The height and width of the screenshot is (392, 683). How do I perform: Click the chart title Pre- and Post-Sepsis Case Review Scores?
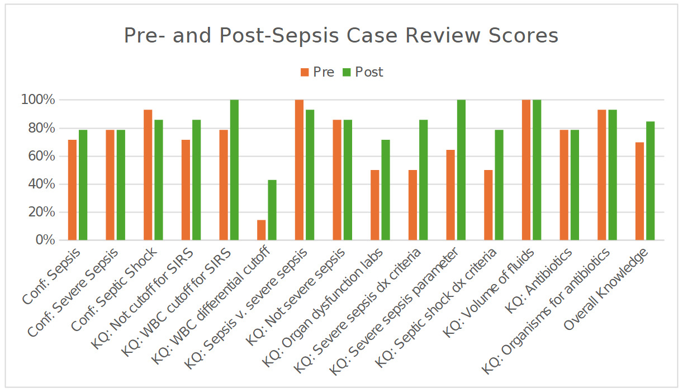pyautogui.click(x=341, y=35)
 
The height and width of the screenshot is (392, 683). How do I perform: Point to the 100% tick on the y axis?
pyautogui.click(x=38, y=100)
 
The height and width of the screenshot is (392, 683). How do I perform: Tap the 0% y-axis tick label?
pyautogui.click(x=44, y=240)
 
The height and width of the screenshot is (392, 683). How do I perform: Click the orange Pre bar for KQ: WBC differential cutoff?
pyautogui.click(x=262, y=230)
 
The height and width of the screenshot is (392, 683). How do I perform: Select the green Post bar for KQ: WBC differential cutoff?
pyautogui.click(x=272, y=210)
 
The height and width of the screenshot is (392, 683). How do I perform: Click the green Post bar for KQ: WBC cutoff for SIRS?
pyautogui.click(x=234, y=170)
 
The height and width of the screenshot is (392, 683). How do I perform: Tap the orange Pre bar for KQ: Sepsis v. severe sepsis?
pyautogui.click(x=299, y=170)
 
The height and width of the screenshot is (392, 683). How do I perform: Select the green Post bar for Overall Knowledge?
pyautogui.click(x=650, y=181)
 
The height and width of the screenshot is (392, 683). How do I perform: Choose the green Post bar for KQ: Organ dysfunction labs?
pyautogui.click(x=386, y=190)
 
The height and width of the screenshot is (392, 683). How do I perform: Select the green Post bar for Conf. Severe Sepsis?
pyautogui.click(x=121, y=185)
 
